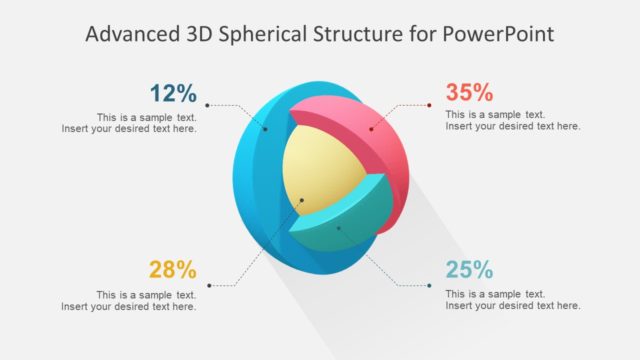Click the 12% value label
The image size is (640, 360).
click(x=173, y=94)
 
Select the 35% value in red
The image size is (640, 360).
click(x=469, y=93)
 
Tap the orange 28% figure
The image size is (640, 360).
click(x=173, y=270)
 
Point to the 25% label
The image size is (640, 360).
click(x=469, y=270)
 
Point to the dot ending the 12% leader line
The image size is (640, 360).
click(x=207, y=104)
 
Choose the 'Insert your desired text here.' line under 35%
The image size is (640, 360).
click(x=513, y=127)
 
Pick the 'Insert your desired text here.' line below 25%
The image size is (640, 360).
click(x=513, y=306)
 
